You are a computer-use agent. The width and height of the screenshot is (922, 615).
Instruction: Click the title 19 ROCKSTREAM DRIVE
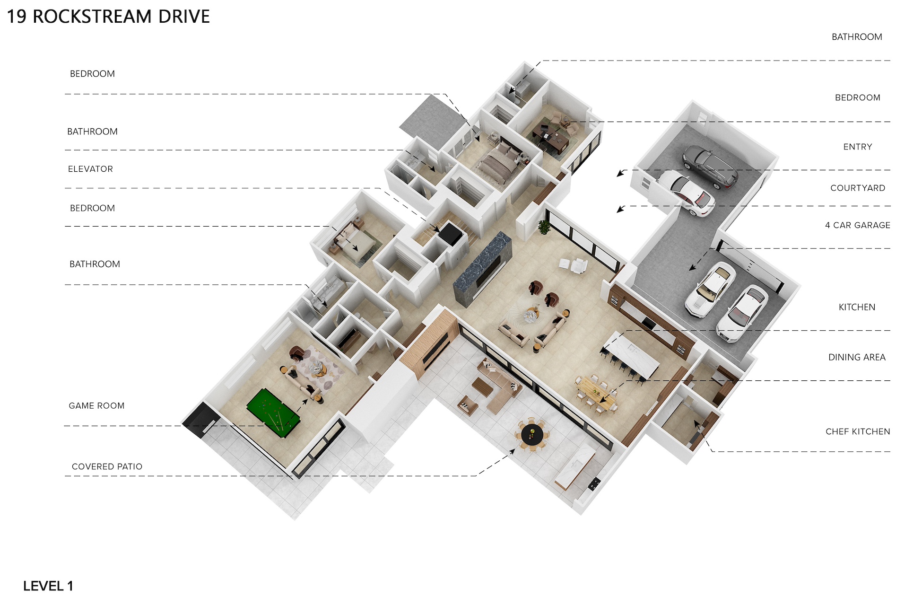(x=108, y=17)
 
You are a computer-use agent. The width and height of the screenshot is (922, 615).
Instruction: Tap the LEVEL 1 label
(x=48, y=586)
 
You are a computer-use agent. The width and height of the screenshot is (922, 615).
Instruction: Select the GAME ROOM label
(x=96, y=406)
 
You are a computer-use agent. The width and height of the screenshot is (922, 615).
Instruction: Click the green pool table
(x=273, y=412)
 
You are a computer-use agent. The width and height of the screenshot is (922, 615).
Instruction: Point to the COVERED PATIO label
(x=107, y=466)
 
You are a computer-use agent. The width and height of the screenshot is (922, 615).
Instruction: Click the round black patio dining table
(x=532, y=435)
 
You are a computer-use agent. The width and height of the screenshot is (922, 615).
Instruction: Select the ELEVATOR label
(x=90, y=169)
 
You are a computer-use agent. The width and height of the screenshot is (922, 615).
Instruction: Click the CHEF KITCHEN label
(x=858, y=431)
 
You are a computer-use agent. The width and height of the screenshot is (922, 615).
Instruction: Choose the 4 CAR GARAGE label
(x=858, y=225)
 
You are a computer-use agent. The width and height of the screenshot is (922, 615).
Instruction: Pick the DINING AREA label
(x=857, y=357)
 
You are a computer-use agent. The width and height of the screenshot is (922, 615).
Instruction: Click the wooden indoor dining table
(x=596, y=393)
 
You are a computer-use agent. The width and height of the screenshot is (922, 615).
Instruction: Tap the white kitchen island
(x=632, y=354)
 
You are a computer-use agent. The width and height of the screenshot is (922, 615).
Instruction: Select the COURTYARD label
(x=858, y=188)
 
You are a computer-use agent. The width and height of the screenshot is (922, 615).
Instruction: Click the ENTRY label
(x=858, y=147)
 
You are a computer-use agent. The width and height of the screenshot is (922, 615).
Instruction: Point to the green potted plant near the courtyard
(x=545, y=227)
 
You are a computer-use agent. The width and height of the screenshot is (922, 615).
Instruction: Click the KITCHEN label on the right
(x=857, y=307)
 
